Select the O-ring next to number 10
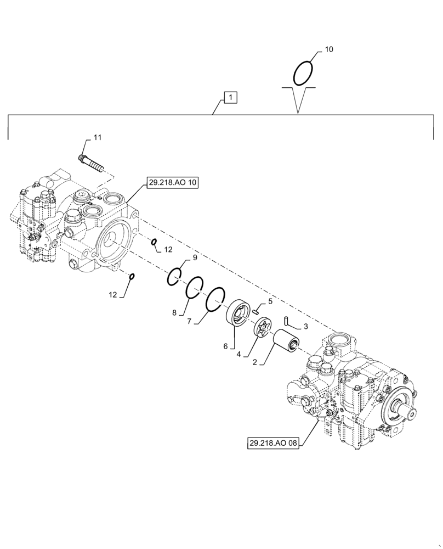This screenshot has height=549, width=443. (303, 73)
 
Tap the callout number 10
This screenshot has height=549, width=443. (329, 49)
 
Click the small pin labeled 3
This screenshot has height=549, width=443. (287, 320)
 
